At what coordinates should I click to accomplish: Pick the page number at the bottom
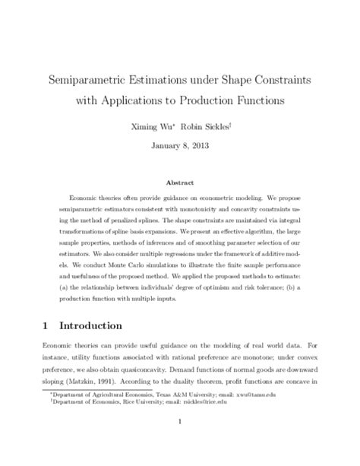[180, 442]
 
